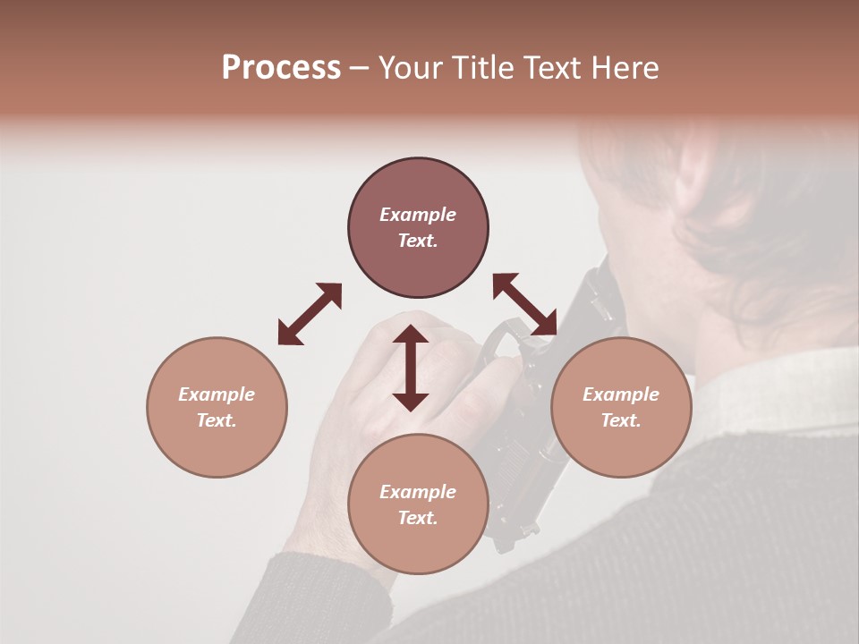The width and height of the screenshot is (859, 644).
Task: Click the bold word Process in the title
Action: coord(281,68)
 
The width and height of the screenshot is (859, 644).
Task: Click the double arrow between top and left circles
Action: coord(310,314)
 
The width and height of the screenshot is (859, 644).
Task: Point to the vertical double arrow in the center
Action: coord(411,368)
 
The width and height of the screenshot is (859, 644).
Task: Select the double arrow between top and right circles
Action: coord(525,304)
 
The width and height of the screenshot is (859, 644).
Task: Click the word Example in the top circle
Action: coord(418,215)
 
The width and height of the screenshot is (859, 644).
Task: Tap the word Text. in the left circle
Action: coord(217,420)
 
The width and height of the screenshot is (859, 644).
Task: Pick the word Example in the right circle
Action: coord(621,394)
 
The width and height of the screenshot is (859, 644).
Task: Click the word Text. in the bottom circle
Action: coord(418,518)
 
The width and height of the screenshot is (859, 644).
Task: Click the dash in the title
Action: coord(359,68)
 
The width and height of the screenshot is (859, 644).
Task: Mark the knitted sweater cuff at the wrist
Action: coord(313,581)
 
